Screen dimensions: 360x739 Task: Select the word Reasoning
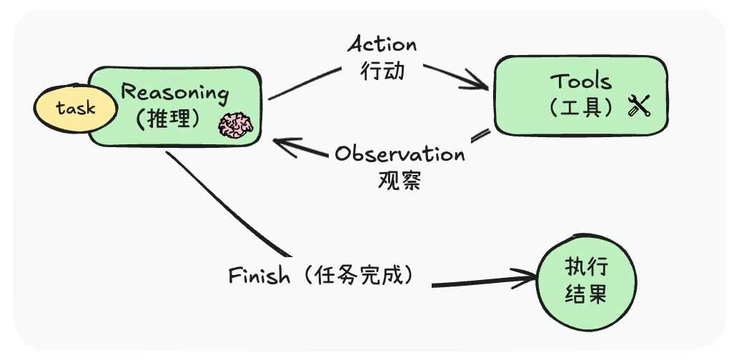175,92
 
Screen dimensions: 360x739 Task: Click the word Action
382,44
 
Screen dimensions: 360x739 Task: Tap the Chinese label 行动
382,71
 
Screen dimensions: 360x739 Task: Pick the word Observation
400,154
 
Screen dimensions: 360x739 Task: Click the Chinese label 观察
400,180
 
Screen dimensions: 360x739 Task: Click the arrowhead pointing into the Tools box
479,81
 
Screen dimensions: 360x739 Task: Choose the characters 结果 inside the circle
587,294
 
